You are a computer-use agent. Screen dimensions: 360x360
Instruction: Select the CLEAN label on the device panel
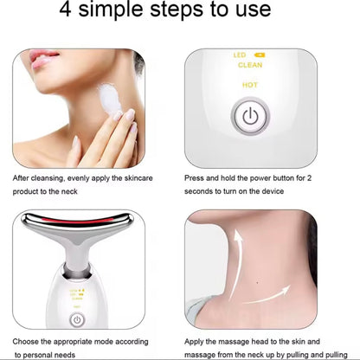249,64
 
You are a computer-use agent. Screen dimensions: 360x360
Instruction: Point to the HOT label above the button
249,85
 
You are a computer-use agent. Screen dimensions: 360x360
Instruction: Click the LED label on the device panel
241,55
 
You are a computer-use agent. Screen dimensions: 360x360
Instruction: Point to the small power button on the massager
77,319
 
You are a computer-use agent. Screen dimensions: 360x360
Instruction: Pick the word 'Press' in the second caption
195,177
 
